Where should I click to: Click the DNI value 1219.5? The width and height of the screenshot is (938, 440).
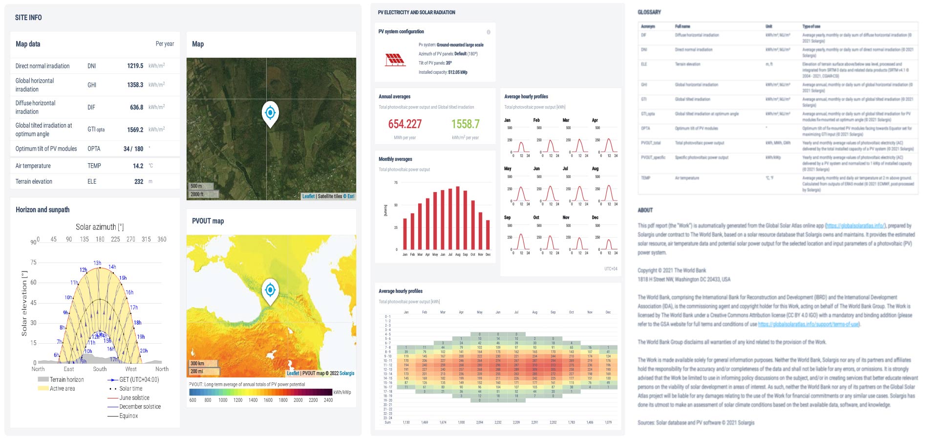click(135, 66)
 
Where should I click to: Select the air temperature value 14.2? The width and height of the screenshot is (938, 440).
click(138, 166)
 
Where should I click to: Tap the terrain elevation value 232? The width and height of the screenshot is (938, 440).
click(139, 181)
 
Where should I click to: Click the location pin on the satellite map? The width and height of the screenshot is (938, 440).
click(270, 113)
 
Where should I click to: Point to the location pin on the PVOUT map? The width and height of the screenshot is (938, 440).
click(270, 290)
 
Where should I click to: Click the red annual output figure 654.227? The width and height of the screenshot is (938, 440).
click(405, 124)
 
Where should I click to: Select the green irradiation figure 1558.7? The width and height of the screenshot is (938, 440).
click(465, 124)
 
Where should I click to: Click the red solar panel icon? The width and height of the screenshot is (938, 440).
click(395, 60)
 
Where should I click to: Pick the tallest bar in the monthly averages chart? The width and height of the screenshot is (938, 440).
click(458, 218)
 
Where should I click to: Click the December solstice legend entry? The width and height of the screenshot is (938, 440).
click(140, 407)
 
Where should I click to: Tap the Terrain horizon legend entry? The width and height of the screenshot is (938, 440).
click(66, 379)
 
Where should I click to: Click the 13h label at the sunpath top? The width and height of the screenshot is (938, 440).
click(97, 263)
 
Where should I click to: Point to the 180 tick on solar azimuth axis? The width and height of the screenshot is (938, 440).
click(100, 239)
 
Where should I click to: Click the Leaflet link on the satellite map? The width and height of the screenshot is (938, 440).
click(308, 196)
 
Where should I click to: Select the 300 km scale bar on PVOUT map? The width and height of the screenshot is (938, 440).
click(198, 363)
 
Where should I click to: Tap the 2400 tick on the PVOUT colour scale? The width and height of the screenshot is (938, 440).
click(328, 400)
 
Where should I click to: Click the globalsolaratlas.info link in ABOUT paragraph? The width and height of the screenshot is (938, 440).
click(855, 226)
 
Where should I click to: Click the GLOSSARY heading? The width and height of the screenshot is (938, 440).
click(649, 12)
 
